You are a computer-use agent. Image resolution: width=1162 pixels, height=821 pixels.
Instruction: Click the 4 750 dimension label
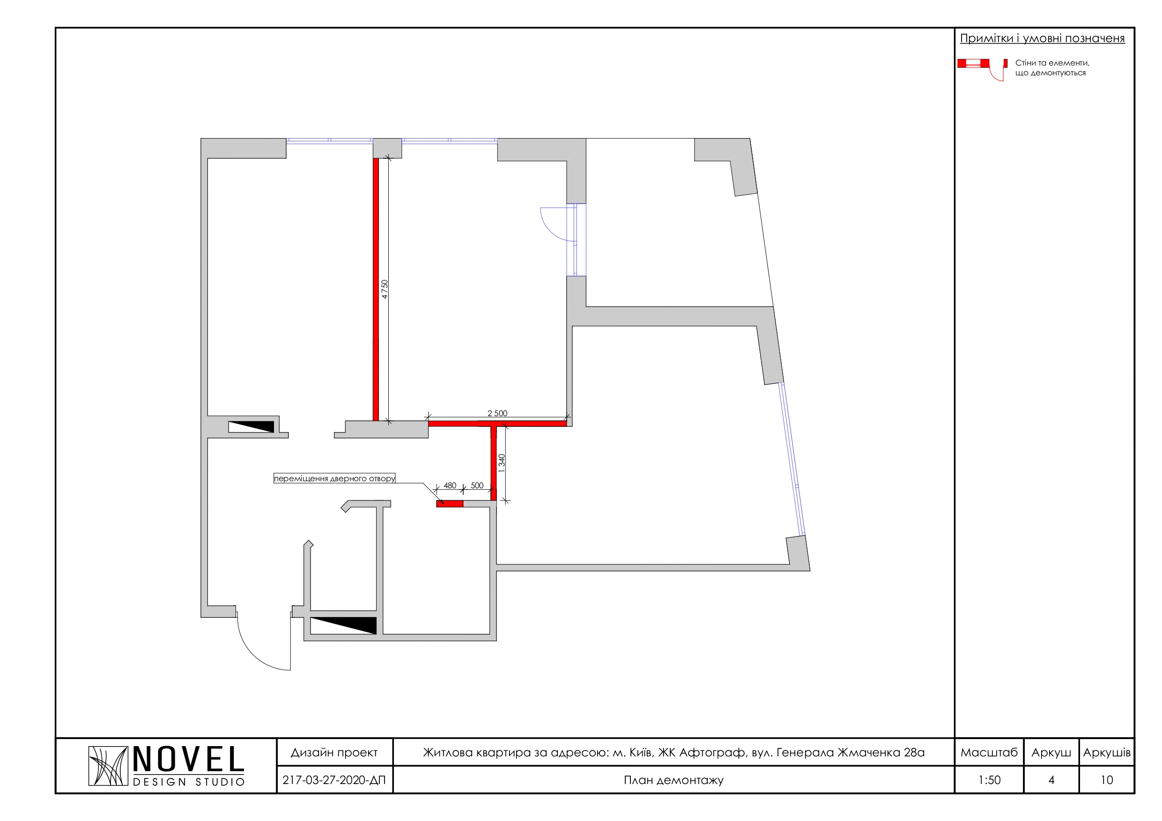tap(385, 289)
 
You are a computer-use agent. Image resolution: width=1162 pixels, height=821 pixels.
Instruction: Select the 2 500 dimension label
tap(497, 413)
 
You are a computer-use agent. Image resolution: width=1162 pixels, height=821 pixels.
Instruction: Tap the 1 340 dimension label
tap(502, 463)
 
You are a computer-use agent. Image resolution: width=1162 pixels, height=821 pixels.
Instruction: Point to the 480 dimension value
tap(450, 485)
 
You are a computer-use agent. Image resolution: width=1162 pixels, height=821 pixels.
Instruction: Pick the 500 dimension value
tap(477, 485)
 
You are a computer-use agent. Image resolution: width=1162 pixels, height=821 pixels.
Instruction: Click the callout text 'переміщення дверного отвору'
tap(334, 478)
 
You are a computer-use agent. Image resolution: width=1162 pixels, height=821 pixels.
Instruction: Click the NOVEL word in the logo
tap(189, 760)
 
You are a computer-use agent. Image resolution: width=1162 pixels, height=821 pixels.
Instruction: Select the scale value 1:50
tap(990, 780)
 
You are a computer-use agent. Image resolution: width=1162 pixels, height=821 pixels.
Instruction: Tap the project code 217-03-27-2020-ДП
tap(334, 780)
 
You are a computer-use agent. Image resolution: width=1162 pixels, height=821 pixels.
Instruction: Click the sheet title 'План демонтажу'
tap(674, 781)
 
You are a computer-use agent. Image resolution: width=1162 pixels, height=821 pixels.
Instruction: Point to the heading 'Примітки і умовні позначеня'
tap(1043, 38)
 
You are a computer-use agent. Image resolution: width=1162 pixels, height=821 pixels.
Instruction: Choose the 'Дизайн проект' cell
tap(334, 753)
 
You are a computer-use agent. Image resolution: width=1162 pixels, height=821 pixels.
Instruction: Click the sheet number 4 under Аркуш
tap(1051, 780)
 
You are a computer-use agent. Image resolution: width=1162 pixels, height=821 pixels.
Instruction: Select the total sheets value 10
tap(1107, 780)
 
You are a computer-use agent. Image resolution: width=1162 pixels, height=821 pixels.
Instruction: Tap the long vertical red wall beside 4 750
tap(376, 289)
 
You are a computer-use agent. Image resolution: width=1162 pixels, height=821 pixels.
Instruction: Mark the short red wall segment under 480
tap(450, 504)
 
